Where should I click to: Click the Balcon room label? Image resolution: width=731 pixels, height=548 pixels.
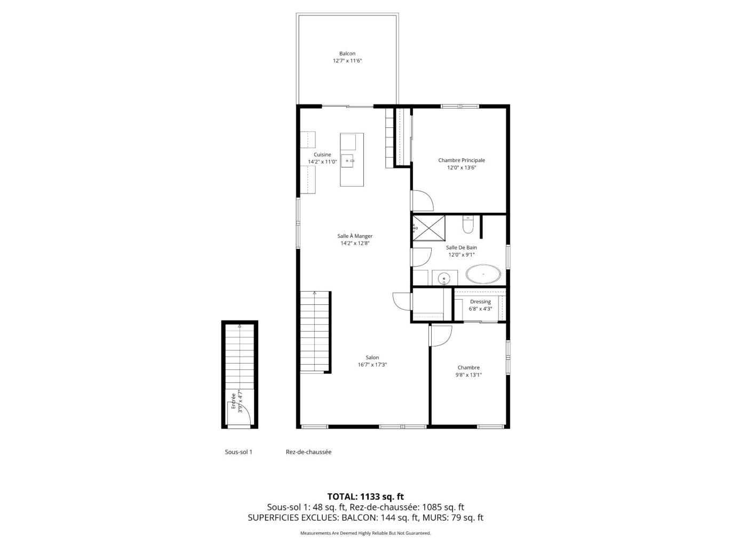click(347, 53)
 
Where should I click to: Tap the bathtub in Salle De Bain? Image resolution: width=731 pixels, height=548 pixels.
click(482, 274)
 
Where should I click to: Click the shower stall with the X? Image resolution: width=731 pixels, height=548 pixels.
click(428, 228)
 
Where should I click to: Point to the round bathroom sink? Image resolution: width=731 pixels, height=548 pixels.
click(443, 278)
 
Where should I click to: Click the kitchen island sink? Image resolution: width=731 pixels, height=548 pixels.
click(347, 160)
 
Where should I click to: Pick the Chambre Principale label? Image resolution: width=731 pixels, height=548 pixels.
click(461, 160)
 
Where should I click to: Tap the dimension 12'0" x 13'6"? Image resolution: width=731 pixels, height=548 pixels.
click(461, 168)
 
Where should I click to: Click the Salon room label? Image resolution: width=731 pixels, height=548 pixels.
click(372, 357)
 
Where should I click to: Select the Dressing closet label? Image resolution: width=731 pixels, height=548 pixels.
click(480, 301)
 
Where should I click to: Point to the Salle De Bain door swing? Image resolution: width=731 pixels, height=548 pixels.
click(422, 257)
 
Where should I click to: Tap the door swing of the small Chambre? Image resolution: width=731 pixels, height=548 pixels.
click(441, 336)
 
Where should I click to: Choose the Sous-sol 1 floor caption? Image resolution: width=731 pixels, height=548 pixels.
click(239, 452)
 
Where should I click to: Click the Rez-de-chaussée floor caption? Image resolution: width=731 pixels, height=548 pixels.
click(308, 452)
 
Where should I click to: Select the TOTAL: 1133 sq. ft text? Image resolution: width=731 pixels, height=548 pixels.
click(365, 496)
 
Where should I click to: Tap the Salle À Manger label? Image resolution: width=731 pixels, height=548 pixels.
click(355, 236)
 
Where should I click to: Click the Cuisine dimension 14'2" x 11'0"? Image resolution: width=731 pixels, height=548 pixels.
click(322, 162)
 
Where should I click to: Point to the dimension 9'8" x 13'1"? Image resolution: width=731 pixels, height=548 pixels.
click(468, 375)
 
